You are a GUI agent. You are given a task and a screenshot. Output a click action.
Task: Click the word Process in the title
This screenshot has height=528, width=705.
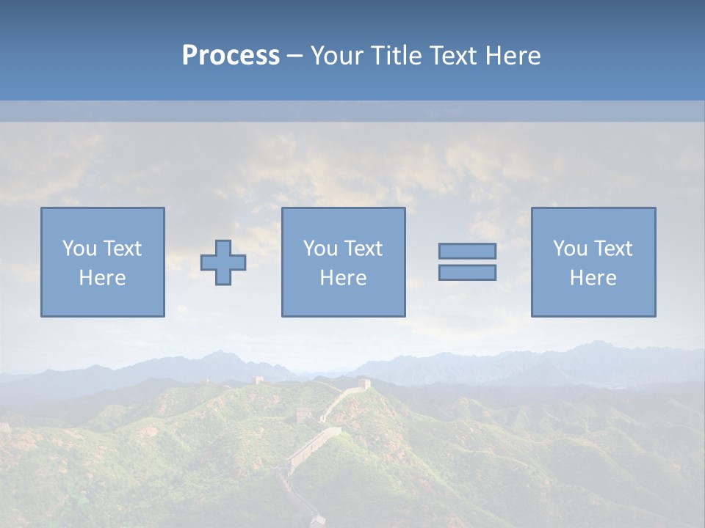[231, 55]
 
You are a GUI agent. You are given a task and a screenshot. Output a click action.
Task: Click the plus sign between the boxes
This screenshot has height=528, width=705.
[223, 263]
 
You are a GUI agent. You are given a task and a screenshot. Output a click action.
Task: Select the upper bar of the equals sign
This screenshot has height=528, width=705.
[467, 251]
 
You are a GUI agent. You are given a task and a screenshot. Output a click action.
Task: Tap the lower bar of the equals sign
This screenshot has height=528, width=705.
[467, 272]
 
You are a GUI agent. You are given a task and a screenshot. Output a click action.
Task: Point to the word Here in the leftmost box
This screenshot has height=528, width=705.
[102, 278]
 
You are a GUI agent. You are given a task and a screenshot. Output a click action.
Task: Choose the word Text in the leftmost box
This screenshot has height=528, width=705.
[121, 249]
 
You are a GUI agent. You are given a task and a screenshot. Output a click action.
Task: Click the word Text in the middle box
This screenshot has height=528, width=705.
[362, 249]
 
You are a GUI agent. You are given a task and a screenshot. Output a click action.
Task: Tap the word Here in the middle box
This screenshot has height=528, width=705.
[343, 278]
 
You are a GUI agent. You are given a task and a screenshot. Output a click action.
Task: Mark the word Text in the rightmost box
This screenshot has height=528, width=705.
[612, 249]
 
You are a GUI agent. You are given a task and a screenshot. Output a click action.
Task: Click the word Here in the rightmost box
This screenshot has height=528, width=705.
[593, 278]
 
